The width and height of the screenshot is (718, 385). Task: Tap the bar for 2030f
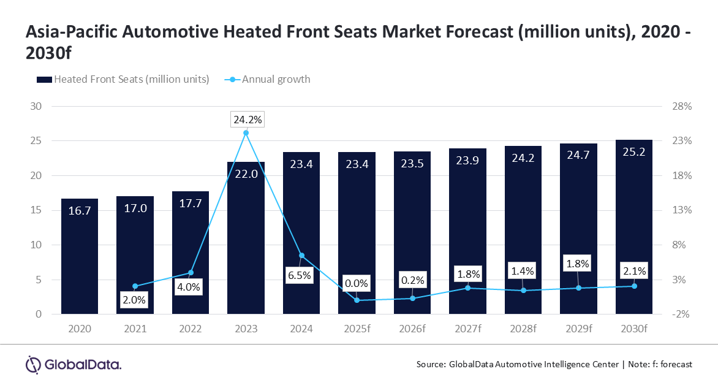(x=634, y=227)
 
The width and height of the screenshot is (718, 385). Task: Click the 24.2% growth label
(x=246, y=120)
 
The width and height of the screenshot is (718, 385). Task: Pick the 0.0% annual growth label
(x=357, y=283)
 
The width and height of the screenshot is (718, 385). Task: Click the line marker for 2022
(x=191, y=273)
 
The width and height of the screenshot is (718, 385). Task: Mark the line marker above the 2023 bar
(x=246, y=132)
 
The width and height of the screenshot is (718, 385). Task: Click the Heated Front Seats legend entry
(x=123, y=79)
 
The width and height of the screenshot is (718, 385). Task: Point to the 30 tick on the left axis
(x=36, y=106)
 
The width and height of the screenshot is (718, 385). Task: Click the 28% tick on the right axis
(x=682, y=106)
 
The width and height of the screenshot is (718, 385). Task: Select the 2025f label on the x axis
(x=357, y=329)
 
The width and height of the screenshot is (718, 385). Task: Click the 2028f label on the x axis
(x=523, y=329)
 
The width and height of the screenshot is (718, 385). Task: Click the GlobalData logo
(x=74, y=364)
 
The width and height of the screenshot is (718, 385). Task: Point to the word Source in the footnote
(x=431, y=364)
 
